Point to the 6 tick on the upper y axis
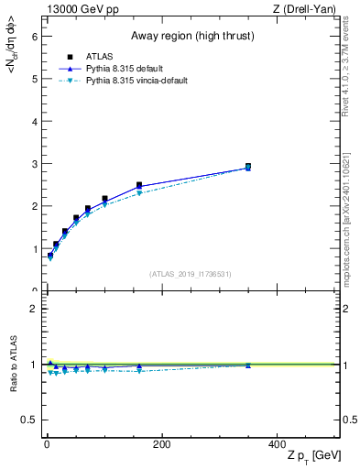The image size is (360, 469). click(34, 36)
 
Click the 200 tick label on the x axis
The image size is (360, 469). click(161, 444)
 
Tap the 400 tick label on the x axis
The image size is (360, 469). click(277, 444)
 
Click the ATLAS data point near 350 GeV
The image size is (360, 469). click(248, 167)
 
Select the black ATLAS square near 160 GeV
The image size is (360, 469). click(139, 185)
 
